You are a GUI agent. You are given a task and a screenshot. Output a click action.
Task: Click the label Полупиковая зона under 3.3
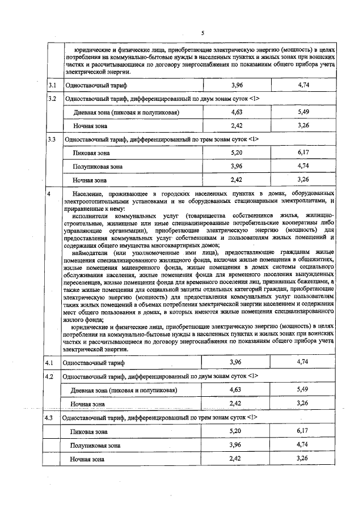coord(97,167)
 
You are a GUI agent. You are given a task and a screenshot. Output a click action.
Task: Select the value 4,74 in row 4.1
coord(305,362)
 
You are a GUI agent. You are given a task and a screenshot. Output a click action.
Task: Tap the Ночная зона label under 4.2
coord(88,404)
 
